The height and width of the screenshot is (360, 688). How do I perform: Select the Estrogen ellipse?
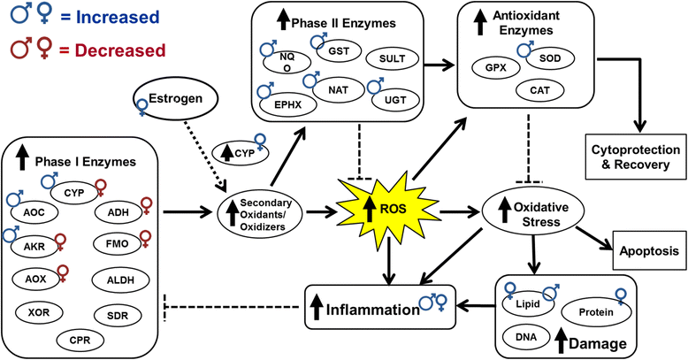point(175,99)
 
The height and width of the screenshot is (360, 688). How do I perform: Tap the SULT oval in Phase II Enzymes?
point(393,58)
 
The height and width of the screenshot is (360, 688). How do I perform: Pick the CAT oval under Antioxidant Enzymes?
point(539,90)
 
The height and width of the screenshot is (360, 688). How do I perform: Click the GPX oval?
point(496,68)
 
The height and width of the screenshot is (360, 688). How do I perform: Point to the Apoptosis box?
point(649,251)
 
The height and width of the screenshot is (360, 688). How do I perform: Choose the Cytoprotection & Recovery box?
point(636,157)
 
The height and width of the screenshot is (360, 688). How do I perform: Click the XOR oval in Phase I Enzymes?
point(39,312)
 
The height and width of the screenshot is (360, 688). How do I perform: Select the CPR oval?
point(80,340)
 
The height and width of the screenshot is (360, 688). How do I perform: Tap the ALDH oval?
point(120,280)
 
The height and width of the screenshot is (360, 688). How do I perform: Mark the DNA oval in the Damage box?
point(526,337)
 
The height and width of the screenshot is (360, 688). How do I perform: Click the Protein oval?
point(596,312)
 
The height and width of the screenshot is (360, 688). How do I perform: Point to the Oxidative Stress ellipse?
point(533,214)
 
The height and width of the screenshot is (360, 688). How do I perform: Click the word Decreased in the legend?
point(119,50)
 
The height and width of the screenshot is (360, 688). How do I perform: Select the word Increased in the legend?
point(118,17)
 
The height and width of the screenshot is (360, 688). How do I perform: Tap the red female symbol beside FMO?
point(145,239)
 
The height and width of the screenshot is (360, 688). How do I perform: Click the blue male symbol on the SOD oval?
point(526,49)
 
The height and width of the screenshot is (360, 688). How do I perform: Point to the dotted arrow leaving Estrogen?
point(204,157)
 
